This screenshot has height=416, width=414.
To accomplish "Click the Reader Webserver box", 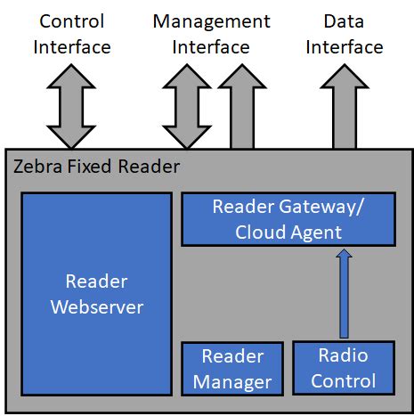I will [96, 294].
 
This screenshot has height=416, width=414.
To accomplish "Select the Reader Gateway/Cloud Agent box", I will [288, 219].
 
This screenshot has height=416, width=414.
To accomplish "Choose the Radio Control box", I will [346, 369].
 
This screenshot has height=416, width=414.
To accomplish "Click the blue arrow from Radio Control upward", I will [345, 294].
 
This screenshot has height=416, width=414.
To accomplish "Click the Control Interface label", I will [71, 33].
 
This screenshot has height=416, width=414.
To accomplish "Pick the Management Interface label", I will [211, 33].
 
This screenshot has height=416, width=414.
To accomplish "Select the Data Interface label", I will [344, 33].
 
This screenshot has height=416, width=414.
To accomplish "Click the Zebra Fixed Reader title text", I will [96, 167].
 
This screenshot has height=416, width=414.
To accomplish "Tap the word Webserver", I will [96, 307].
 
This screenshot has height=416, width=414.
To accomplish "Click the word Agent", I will [317, 232].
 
